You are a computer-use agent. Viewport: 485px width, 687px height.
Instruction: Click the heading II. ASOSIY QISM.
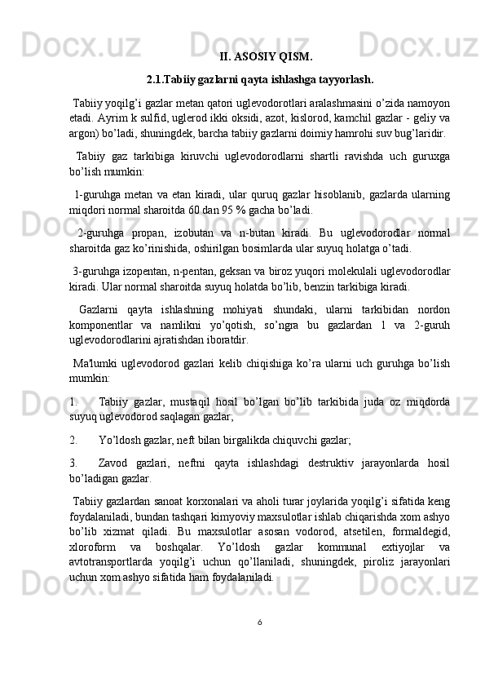click(x=266, y=57)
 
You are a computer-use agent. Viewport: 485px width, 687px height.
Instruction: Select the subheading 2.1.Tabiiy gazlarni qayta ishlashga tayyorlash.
click(x=260, y=80)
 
